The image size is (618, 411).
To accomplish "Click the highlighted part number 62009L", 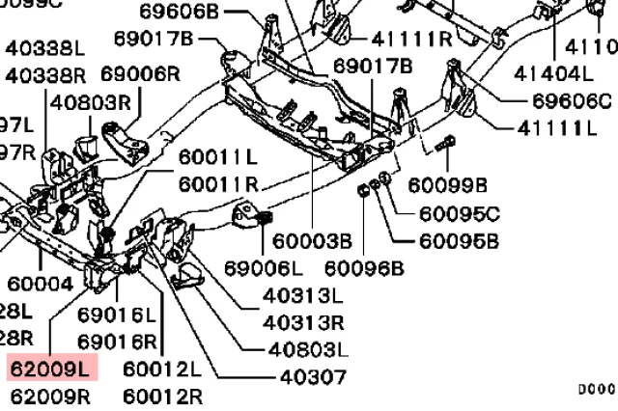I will coord(49,368).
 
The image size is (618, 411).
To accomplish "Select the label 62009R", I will coord(49,395).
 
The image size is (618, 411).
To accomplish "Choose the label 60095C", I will coord(460,212).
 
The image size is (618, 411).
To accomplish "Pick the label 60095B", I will coord(460,240).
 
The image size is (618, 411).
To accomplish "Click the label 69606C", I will coord(573,99).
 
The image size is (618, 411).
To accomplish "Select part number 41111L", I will coord(560,127).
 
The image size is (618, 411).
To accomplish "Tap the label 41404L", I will coord(554,71).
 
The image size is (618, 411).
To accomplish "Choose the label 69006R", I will coord(141,73).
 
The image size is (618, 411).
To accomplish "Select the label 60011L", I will coord(217,156).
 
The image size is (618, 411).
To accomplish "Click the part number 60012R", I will coord(162,395).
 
